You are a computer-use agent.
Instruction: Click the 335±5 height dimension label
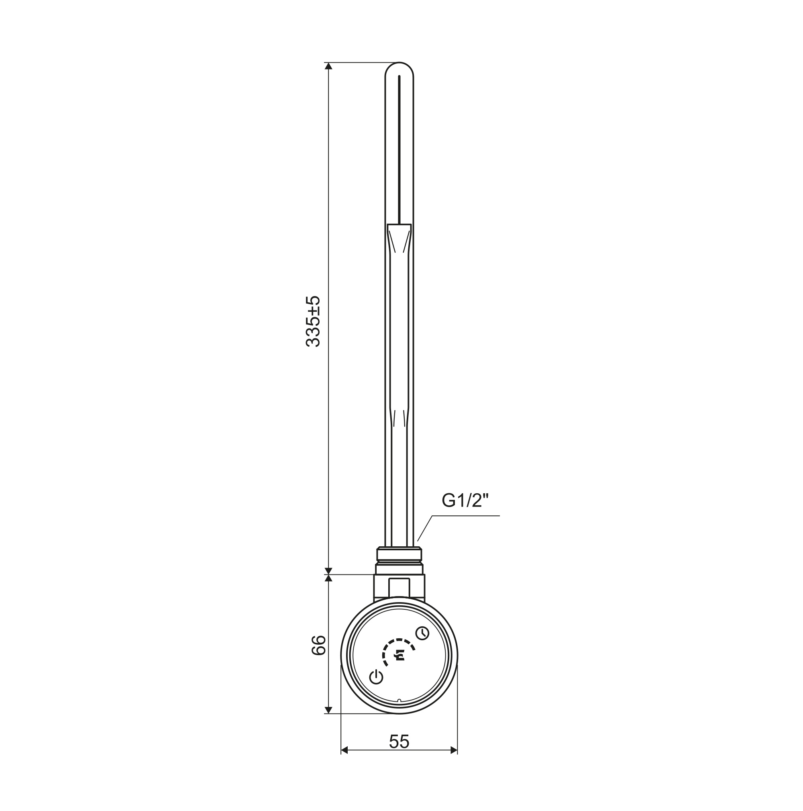tap(313, 321)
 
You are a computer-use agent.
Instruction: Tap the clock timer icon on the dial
tap(422, 645)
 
